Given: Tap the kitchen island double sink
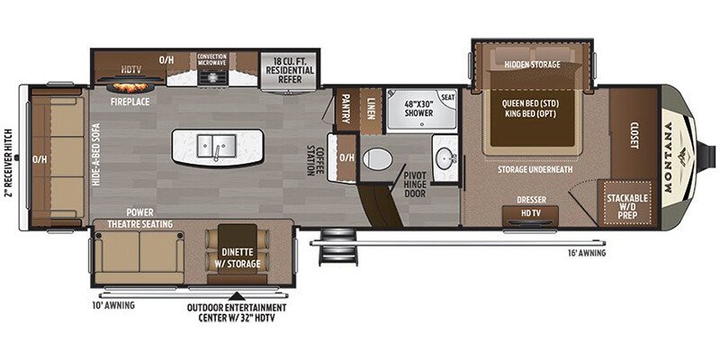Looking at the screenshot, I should pos(216,145).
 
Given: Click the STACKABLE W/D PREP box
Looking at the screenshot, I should pos(628,202).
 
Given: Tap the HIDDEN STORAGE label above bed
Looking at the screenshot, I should pos(532,65).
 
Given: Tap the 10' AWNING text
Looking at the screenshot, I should pos(113,305).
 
